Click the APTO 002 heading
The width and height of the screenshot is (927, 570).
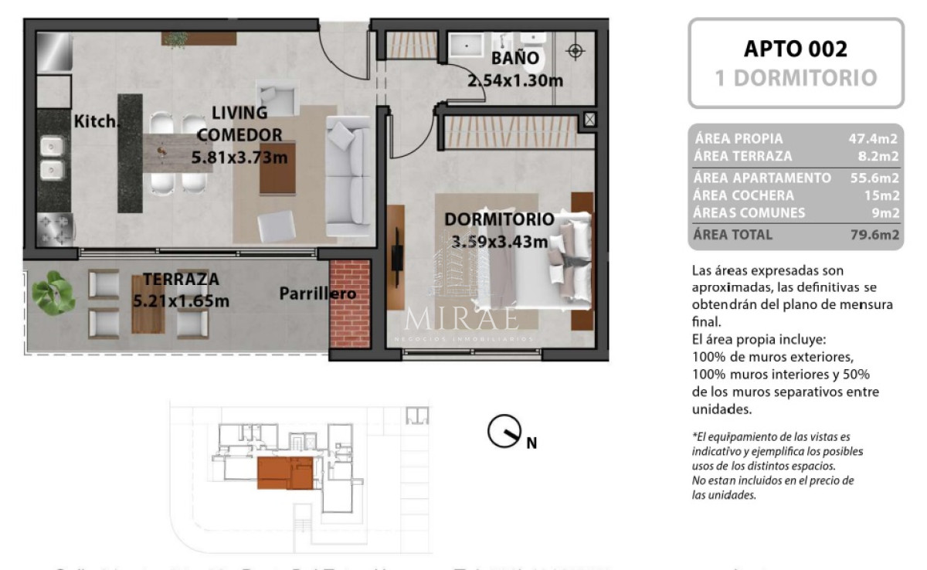[795, 49]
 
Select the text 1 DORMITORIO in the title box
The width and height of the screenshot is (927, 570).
[795, 78]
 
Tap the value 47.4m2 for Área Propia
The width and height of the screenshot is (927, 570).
[873, 139]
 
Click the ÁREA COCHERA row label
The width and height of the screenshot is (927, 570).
[744, 195]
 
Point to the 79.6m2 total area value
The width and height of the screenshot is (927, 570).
[873, 235]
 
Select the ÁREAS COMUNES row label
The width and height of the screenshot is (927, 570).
[749, 213]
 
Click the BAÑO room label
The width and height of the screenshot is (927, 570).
[517, 59]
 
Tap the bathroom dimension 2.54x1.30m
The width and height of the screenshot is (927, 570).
[514, 79]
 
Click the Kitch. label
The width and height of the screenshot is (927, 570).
[96, 120]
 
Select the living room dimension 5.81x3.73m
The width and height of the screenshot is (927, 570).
[239, 158]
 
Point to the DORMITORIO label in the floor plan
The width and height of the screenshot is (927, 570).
[498, 219]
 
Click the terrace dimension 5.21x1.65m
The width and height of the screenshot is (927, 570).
[181, 300]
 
